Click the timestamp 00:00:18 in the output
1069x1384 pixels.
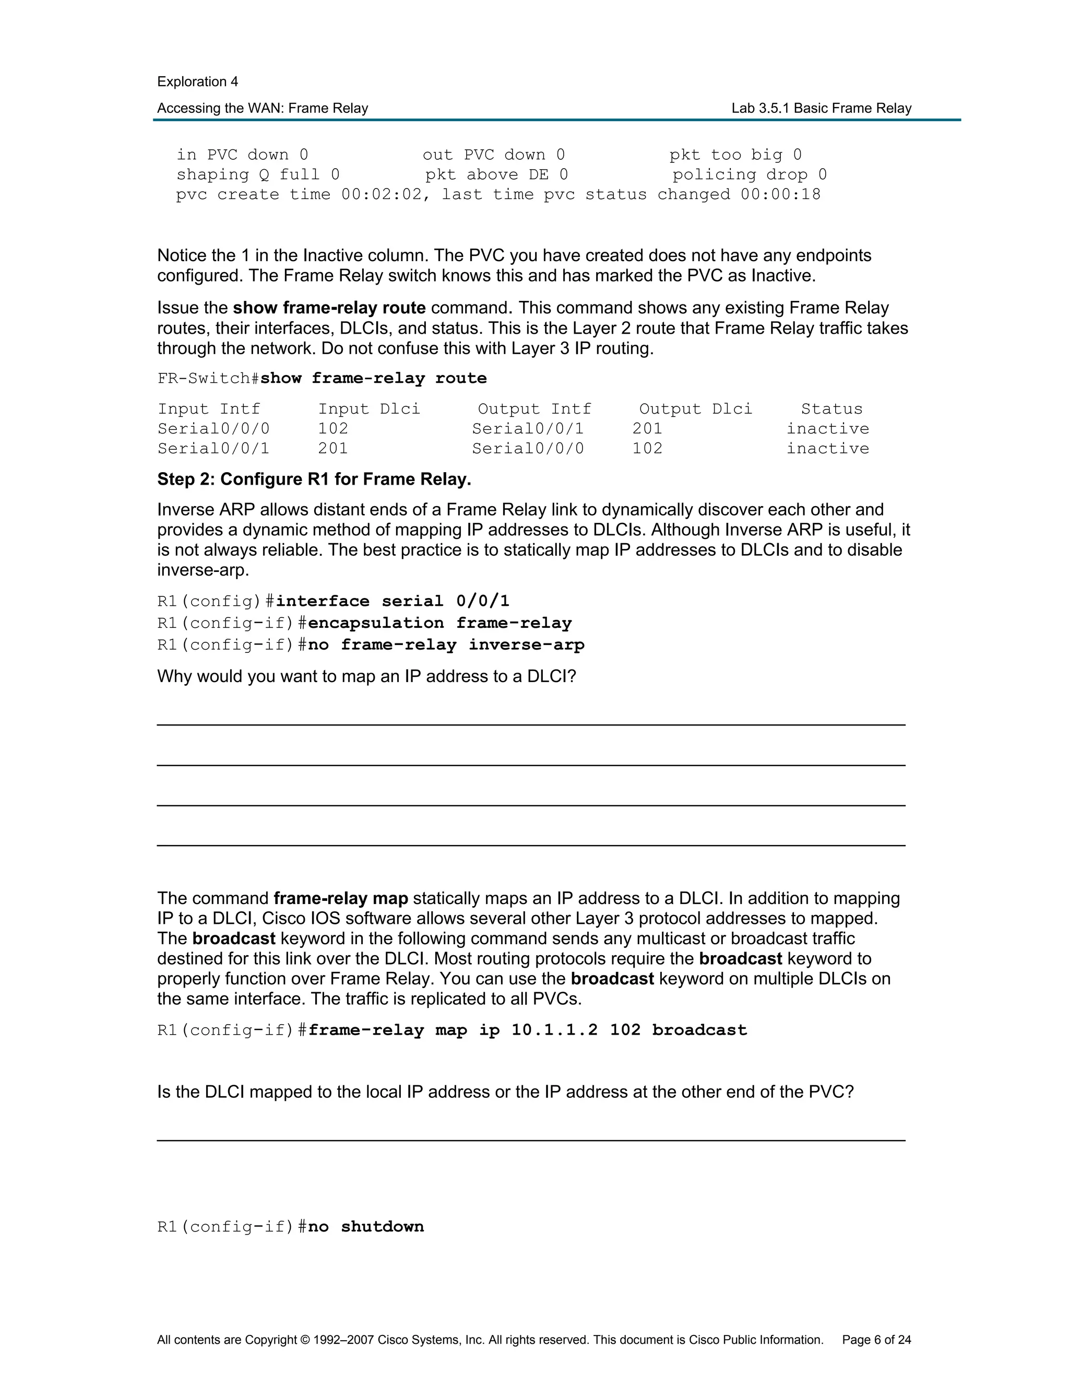(x=780, y=195)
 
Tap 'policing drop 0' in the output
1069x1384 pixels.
(x=749, y=175)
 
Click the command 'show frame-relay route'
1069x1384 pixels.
(x=373, y=378)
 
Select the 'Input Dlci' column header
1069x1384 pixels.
(x=369, y=409)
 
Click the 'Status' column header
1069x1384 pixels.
(x=831, y=409)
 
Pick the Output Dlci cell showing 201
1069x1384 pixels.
(x=647, y=429)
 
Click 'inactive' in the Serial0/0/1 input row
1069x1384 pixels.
(x=827, y=449)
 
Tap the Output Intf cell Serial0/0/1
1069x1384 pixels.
(x=528, y=429)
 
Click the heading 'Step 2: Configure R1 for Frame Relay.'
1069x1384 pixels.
(x=314, y=479)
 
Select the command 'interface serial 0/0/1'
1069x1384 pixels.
(x=392, y=601)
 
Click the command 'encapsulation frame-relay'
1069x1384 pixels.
(x=440, y=624)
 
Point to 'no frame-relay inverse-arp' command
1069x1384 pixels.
(x=446, y=645)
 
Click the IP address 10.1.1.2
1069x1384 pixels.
(x=554, y=1030)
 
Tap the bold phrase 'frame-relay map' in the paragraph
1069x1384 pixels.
(x=341, y=899)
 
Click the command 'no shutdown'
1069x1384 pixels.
(x=365, y=1227)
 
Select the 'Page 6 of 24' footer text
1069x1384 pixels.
(x=876, y=1340)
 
